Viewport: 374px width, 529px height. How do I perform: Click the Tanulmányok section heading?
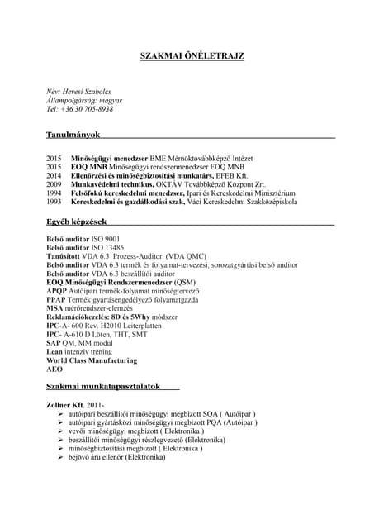pyautogui.click(x=73, y=133)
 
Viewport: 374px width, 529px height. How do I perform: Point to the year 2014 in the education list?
pyautogui.click(x=54, y=175)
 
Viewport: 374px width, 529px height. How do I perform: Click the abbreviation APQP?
pyautogui.click(x=57, y=290)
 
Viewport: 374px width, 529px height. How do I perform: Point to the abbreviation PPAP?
pyautogui.click(x=57, y=299)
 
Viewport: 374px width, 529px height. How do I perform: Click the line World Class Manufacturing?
pyautogui.click(x=91, y=360)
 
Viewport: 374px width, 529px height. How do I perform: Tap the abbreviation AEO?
pyautogui.click(x=55, y=369)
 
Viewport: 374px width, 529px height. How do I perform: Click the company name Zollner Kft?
pyautogui.click(x=65, y=404)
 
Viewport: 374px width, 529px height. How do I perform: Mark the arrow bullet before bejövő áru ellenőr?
pyautogui.click(x=59, y=457)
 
